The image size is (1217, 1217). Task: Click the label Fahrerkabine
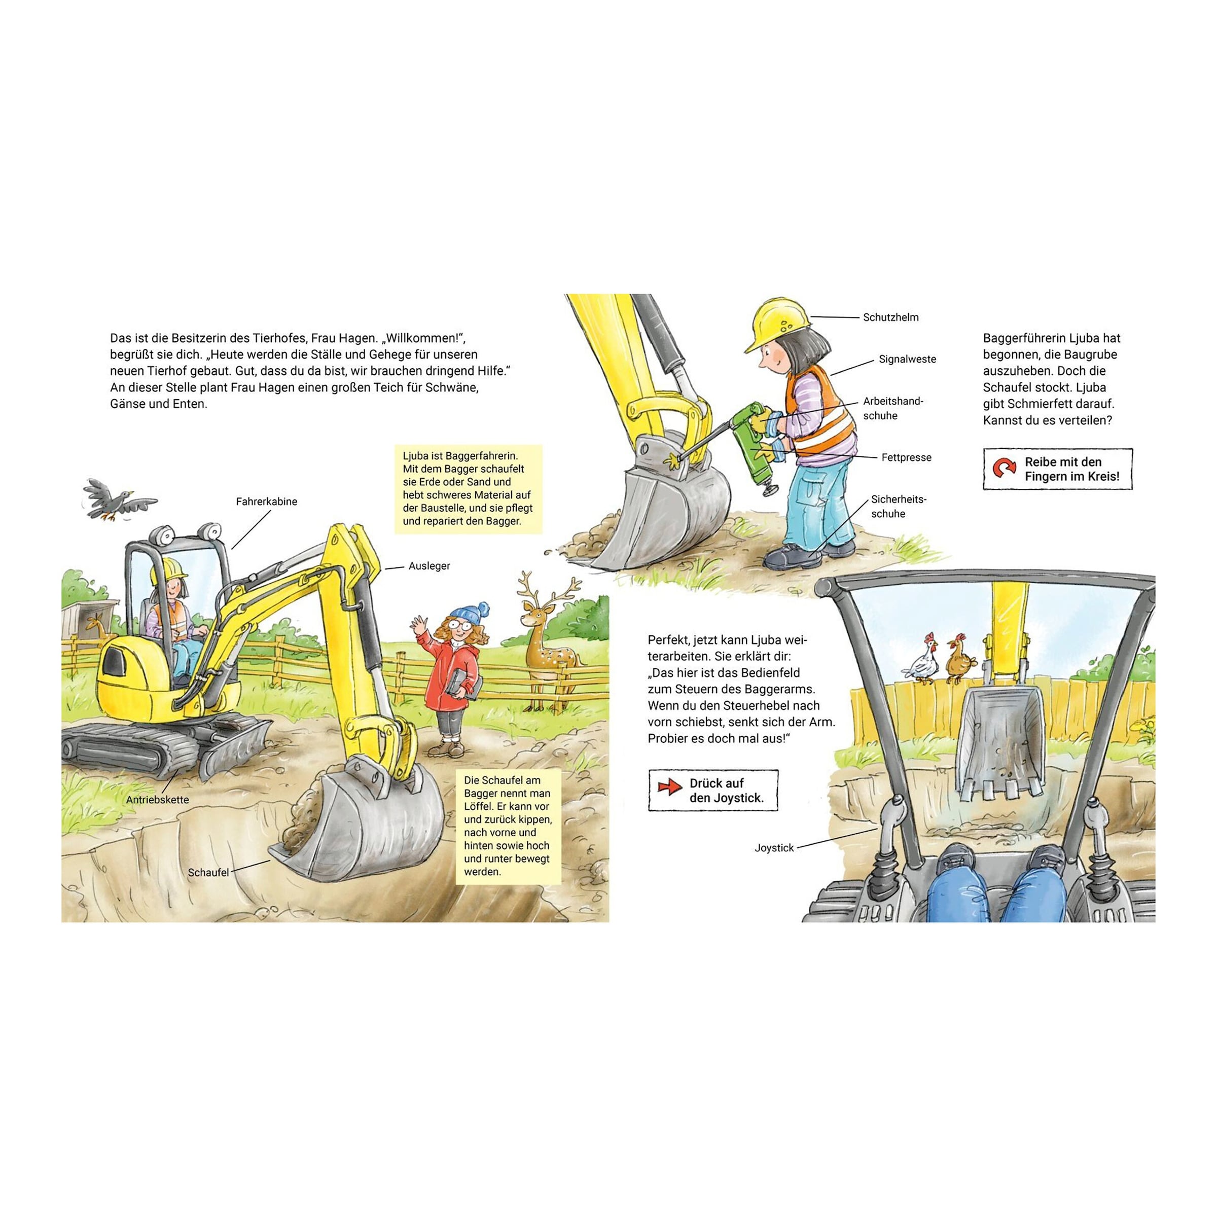pos(266,502)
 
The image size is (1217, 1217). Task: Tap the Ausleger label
pos(429,566)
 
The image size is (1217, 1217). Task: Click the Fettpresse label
pos(906,457)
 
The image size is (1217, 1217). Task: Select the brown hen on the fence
pos(959,661)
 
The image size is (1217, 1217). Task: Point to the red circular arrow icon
pos(1004,469)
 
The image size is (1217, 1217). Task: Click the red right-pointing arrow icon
pos(669,787)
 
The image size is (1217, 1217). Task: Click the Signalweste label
pos(907,359)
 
